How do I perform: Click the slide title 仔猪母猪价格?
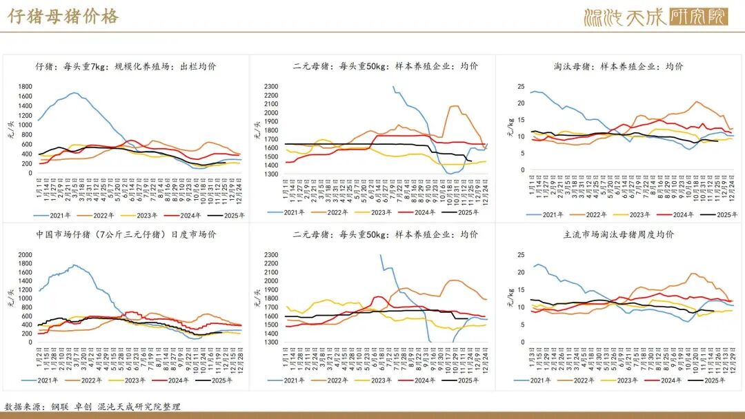coord(63,17)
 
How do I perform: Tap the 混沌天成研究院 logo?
coord(655,17)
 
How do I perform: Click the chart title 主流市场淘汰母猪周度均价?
coord(619,234)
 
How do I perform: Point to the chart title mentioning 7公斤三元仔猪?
coord(126,234)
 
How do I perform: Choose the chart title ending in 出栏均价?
coord(126,66)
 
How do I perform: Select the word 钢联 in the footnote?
coord(61,407)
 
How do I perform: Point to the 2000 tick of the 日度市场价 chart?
coord(25,255)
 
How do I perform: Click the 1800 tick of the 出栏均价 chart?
coord(25,87)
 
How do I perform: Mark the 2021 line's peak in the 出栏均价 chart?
coord(74,92)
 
